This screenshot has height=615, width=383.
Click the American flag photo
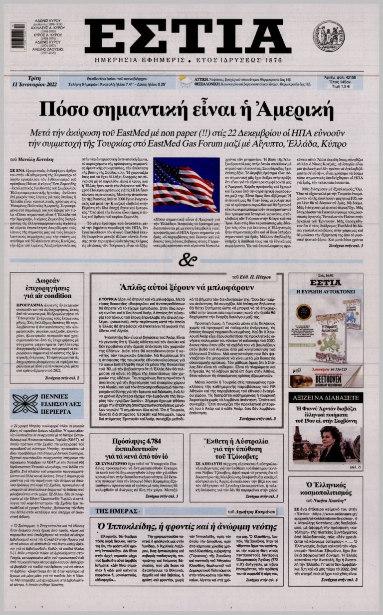pos(185,186)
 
